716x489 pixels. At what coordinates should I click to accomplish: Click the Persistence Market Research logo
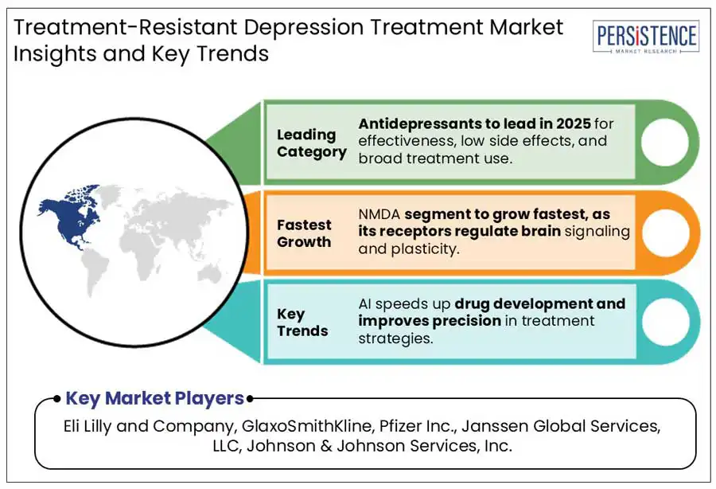coord(646,38)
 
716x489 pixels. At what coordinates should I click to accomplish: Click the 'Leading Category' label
coord(311,143)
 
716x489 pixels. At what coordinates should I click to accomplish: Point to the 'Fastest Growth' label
coord(305,233)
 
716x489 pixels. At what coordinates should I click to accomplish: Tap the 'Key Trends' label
coord(302,323)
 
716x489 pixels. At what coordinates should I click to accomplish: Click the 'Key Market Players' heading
coord(154,398)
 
